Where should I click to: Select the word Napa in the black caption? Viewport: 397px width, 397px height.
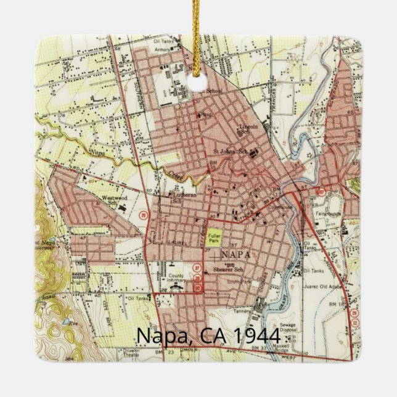tap(158, 336)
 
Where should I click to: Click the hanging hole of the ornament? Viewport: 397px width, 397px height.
tap(198, 82)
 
